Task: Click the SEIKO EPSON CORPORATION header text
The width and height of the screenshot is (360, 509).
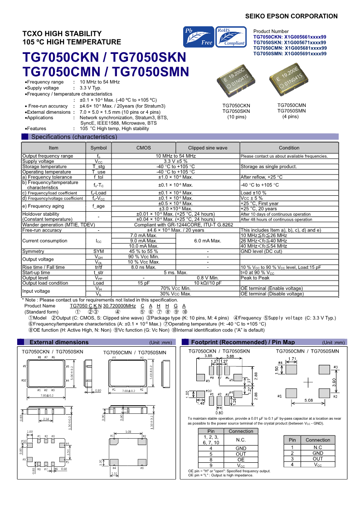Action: [x=291, y=16]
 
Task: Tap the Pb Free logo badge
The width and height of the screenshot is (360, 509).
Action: [x=198, y=37]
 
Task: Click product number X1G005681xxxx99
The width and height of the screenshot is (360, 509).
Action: [x=290, y=48]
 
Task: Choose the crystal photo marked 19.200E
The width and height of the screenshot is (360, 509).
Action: [x=291, y=79]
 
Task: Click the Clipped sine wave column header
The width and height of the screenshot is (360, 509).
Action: [x=208, y=148]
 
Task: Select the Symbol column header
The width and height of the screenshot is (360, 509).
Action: [x=98, y=148]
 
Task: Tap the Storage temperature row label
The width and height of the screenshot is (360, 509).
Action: [x=44, y=166]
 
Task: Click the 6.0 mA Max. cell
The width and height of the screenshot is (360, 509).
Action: [x=208, y=241]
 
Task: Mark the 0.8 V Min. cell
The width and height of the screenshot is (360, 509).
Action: [x=208, y=278]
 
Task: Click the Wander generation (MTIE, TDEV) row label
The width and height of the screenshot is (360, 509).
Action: [x=59, y=224]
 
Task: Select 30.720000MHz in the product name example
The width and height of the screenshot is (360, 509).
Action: [x=120, y=306]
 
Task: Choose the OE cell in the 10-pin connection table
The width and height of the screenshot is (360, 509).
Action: [x=241, y=460]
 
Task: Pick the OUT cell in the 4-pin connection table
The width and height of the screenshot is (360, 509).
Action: [x=318, y=459]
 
